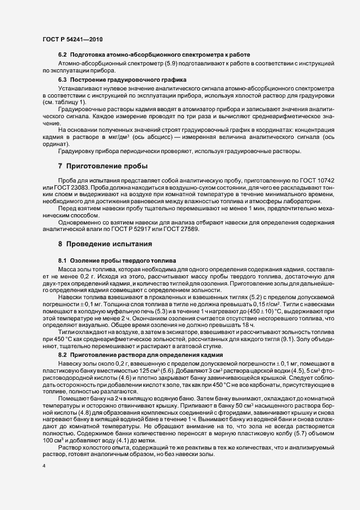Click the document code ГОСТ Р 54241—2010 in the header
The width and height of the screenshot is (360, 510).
coord(72,40)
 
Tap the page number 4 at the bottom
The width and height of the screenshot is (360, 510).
coord(44,466)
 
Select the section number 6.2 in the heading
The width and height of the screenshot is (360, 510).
coord(62,56)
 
